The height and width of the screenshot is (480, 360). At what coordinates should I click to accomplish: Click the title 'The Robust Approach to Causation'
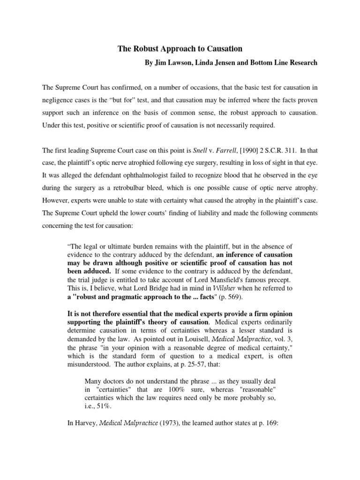click(x=180, y=49)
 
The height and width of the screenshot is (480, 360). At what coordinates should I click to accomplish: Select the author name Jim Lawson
click(x=172, y=63)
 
